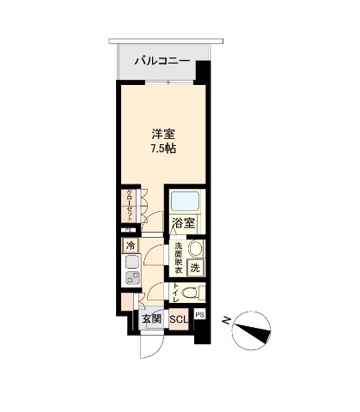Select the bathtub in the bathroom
185,203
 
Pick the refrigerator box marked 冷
131,245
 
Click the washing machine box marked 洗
195,268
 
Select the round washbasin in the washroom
194,249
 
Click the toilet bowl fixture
192,294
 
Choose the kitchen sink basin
131,276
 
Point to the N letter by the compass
225,321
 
